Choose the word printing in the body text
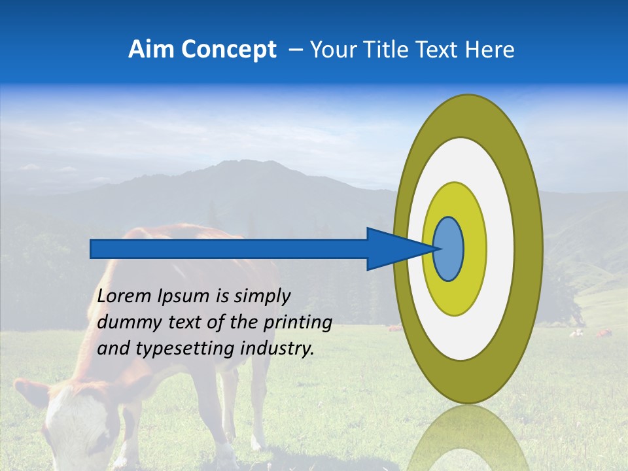pyautogui.click(x=298, y=323)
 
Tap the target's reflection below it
pyautogui.click(x=468, y=438)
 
